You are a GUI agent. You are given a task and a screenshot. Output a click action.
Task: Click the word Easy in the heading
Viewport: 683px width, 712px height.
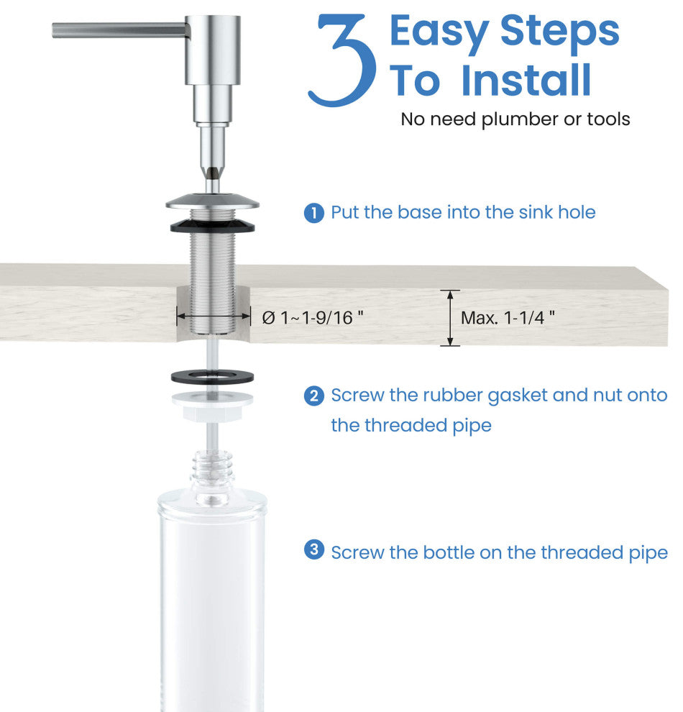tap(439, 32)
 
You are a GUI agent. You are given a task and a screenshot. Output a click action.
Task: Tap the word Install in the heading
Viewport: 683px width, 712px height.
tap(526, 80)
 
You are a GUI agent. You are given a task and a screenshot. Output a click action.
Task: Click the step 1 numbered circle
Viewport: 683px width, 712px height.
tap(314, 213)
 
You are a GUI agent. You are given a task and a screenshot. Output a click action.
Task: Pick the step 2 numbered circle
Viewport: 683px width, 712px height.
tap(314, 396)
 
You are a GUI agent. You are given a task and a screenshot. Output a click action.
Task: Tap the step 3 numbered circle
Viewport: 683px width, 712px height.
tap(314, 549)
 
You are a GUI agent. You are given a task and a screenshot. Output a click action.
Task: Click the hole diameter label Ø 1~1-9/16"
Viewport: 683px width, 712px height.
tap(313, 317)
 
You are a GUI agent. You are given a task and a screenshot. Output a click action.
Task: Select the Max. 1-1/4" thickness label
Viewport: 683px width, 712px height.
tap(508, 317)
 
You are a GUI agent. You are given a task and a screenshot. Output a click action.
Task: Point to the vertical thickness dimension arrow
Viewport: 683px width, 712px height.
tap(450, 318)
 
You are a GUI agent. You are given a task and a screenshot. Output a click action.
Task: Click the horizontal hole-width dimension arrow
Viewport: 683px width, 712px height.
tap(214, 316)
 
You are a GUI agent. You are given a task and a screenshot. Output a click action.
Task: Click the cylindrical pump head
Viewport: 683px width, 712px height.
tap(212, 50)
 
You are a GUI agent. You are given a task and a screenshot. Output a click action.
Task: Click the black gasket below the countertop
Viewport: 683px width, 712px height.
tap(212, 376)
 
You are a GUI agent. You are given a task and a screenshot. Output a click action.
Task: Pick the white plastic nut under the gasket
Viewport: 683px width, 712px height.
tap(212, 406)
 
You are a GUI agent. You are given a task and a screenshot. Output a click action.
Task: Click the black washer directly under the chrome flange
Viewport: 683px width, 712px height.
tap(212, 225)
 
